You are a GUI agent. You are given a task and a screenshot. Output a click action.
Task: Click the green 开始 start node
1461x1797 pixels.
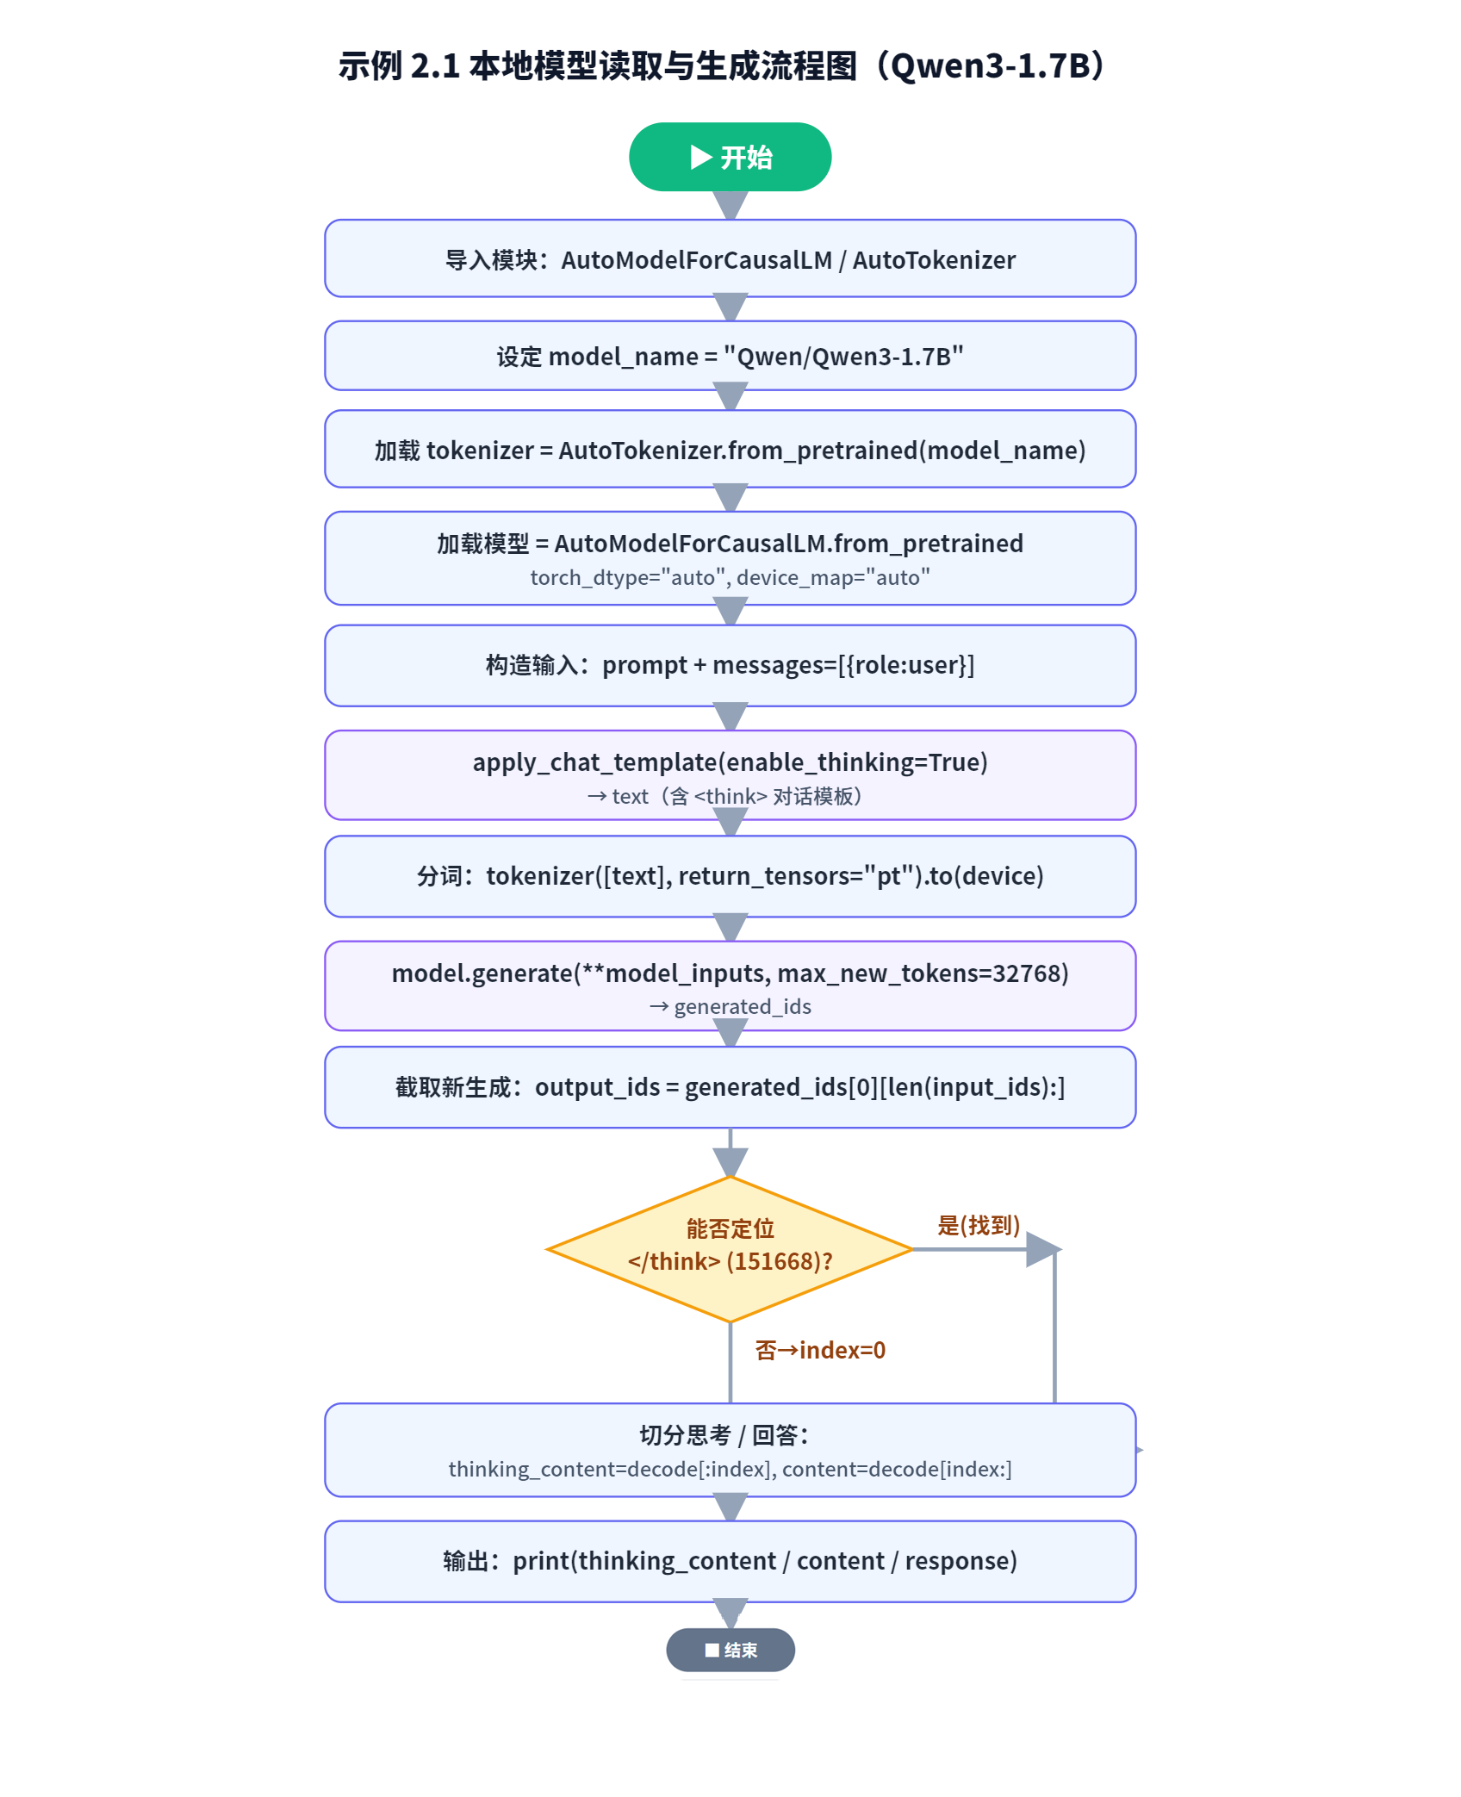[x=730, y=157]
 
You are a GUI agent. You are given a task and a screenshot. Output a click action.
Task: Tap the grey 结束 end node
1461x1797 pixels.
[x=730, y=1650]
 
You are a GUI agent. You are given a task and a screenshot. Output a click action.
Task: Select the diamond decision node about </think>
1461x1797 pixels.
[x=730, y=1249]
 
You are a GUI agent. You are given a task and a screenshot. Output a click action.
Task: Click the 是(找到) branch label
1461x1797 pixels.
[x=979, y=1225]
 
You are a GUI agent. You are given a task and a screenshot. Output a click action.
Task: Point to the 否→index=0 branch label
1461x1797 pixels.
[x=820, y=1350]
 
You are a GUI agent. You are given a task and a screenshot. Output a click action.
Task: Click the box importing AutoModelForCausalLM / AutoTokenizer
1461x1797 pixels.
[x=730, y=258]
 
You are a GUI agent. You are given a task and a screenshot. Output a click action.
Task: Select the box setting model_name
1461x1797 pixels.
[x=730, y=356]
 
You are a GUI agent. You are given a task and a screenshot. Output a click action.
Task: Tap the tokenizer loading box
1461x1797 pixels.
[x=730, y=449]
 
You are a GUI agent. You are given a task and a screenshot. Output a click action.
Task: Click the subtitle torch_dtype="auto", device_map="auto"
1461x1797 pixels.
[x=730, y=577]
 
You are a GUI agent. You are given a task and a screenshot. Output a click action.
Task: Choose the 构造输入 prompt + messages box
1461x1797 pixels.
[x=730, y=665]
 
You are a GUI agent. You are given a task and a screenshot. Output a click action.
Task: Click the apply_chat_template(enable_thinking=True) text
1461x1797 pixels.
[x=730, y=762]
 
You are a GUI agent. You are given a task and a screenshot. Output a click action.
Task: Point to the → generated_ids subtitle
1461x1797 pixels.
[x=730, y=1006]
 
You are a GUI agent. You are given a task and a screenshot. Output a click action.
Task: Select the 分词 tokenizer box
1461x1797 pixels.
[x=730, y=876]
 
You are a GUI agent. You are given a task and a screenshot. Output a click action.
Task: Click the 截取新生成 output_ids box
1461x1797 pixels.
[x=730, y=1087]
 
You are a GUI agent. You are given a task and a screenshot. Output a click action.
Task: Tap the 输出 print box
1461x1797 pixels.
[x=730, y=1561]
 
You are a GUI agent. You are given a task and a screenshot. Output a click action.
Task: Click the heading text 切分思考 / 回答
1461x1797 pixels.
[x=724, y=1435]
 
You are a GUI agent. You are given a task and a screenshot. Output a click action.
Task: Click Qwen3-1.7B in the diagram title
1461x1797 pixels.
[x=991, y=65]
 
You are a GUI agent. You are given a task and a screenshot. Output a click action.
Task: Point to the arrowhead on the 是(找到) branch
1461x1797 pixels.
[x=1044, y=1249]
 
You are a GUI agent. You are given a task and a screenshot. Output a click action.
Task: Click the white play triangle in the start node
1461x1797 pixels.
[x=701, y=157]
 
